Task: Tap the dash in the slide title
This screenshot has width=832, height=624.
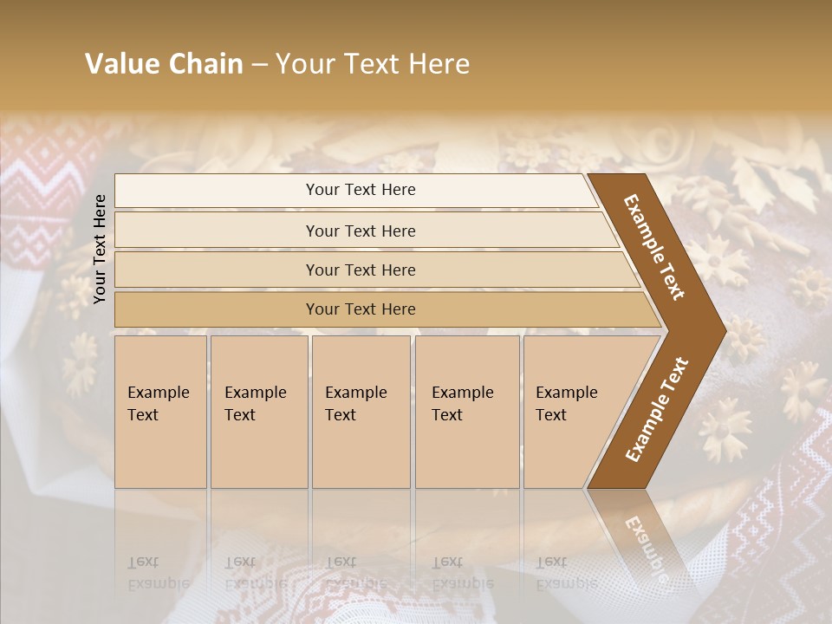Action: click(258, 65)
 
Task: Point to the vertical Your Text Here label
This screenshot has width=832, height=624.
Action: click(100, 249)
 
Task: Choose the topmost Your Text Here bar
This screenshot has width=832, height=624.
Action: click(361, 190)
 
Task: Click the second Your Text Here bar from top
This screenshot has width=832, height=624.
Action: click(361, 231)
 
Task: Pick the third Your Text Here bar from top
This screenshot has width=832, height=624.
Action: click(361, 270)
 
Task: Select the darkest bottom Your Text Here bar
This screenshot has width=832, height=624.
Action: click(361, 309)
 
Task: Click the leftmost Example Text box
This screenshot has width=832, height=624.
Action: click(160, 412)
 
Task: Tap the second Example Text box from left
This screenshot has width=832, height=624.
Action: click(258, 412)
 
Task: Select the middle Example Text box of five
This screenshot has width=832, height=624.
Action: click(361, 412)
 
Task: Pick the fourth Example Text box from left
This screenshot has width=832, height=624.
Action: click(466, 412)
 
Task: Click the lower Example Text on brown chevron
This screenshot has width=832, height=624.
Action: click(656, 410)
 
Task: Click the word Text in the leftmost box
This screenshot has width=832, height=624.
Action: click(143, 415)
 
